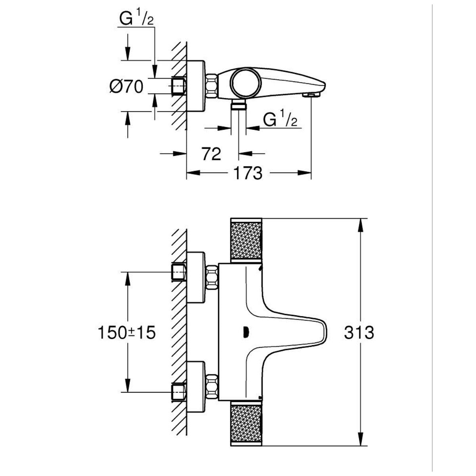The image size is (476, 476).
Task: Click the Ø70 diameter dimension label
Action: [126, 86]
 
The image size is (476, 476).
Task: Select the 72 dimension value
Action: [211, 154]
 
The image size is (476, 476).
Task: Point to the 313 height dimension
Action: [359, 332]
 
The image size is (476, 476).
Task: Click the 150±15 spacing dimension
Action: [126, 332]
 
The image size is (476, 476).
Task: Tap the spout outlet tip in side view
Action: [312, 94]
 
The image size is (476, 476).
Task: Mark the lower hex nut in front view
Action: [212, 387]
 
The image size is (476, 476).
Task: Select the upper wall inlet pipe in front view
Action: [178, 272]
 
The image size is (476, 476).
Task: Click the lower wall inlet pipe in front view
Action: [178, 392]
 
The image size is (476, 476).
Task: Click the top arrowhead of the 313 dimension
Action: [360, 224]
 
